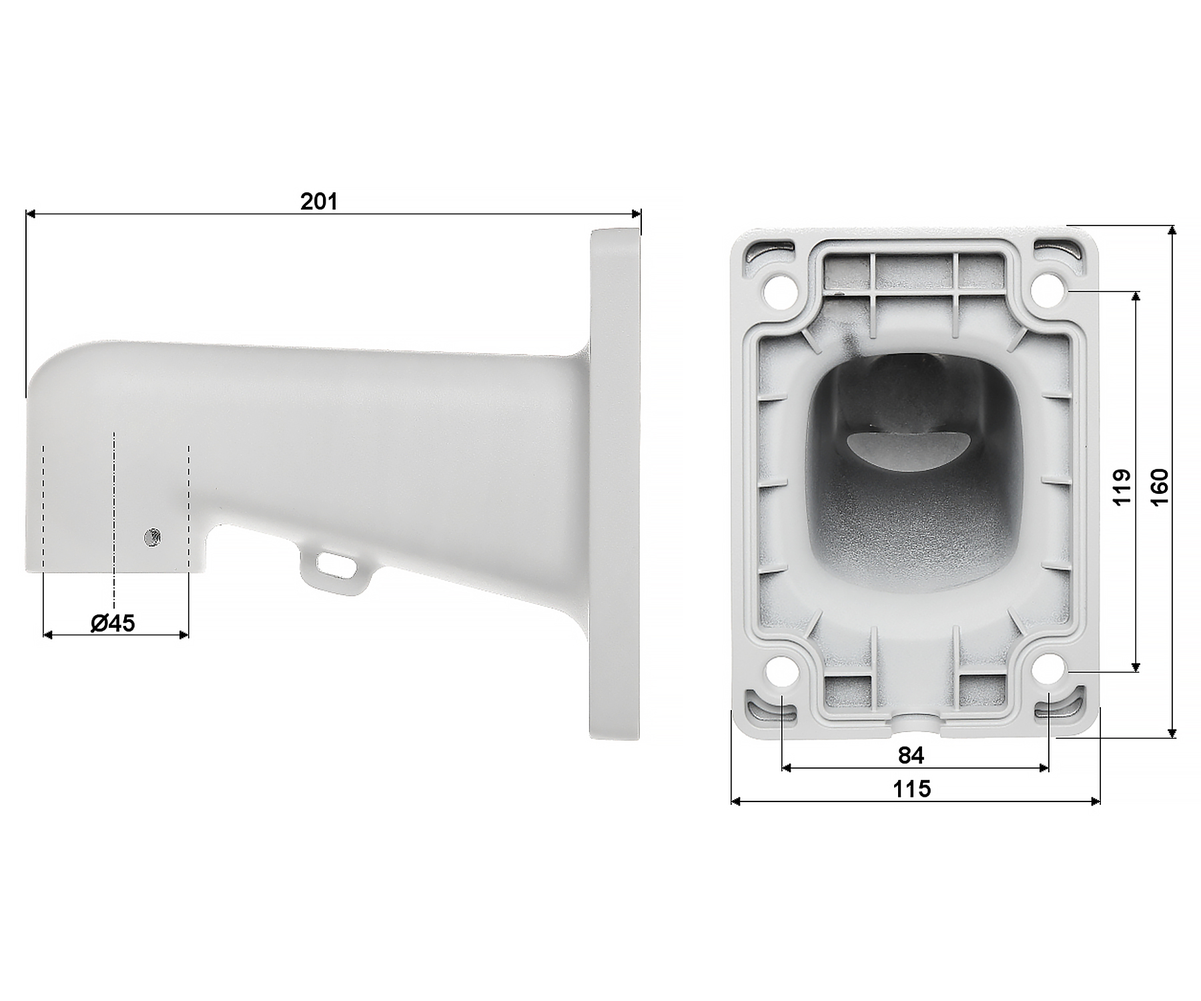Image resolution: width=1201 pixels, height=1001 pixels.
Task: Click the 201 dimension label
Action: coord(319,202)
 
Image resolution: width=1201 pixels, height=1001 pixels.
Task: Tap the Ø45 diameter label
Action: coord(113,623)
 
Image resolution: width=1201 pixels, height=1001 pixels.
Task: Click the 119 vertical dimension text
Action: coord(1122,488)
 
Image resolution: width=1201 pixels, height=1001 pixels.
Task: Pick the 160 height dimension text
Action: coord(1160,487)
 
